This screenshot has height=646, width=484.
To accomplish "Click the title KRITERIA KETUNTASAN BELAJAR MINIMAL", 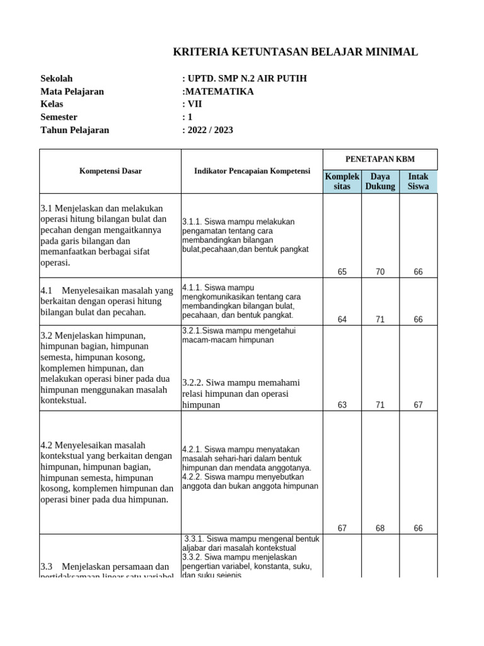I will point(295,52).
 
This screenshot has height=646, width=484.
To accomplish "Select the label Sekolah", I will point(57,79).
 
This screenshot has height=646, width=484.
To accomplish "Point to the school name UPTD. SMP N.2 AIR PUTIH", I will point(245,79).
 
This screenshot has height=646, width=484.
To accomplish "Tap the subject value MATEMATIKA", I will point(218,91).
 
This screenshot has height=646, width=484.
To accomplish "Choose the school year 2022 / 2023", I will point(207,131).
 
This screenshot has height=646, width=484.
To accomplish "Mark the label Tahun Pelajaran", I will point(74,131).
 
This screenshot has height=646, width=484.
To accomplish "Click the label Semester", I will point(59,117).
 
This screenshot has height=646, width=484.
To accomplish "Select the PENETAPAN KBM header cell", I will point(380,159).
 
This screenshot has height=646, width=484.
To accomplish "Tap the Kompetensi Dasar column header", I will point(110,171).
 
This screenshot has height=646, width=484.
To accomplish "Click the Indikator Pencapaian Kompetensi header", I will point(252,171).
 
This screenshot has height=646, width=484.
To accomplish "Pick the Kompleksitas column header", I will point(342,182).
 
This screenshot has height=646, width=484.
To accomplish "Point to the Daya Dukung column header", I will point(380,182).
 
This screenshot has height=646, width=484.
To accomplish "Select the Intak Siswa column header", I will point(418,182).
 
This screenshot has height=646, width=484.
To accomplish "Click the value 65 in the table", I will point(342,272).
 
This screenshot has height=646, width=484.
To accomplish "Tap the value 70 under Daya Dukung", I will point(380,272).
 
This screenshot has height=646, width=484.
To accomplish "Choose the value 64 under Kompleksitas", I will point(342,320).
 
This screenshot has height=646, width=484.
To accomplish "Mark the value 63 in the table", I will point(342,405).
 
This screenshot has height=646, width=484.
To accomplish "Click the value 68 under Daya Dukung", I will point(380,529).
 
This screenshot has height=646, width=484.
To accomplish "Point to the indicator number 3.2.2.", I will point(195,383).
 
